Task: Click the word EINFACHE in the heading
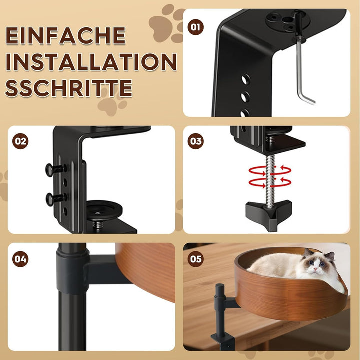pyautogui.click(x=65, y=35)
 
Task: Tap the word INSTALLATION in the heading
pyautogui.click(x=91, y=62)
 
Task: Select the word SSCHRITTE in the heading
pyautogui.click(x=69, y=88)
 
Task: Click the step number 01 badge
pyautogui.click(x=195, y=27)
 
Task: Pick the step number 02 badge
pyautogui.click(x=20, y=141)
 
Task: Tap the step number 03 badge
pyautogui.click(x=195, y=141)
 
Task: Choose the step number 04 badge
pyautogui.click(x=20, y=259)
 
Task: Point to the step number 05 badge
pyautogui.click(x=195, y=259)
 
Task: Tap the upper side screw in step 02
pyautogui.click(x=56, y=170)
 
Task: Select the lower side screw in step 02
pyautogui.click(x=56, y=199)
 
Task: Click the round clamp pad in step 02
pyautogui.click(x=104, y=210)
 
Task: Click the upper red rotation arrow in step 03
pyautogui.click(x=270, y=171)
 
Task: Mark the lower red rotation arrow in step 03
pyautogui.click(x=270, y=182)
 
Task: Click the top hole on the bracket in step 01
pyautogui.click(x=245, y=80)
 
